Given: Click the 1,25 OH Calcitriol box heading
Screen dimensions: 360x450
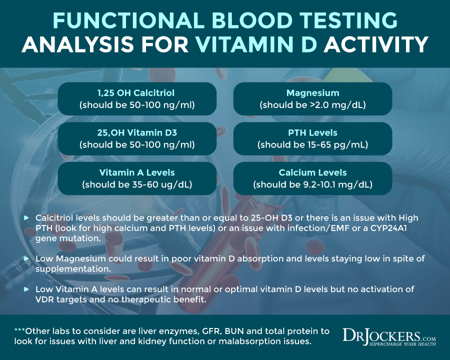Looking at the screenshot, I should [137, 93].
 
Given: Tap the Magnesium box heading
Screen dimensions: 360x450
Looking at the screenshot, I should [312, 93].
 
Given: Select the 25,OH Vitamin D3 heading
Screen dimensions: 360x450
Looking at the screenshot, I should [137, 133].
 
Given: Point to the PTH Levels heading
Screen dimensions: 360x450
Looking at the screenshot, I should [312, 133].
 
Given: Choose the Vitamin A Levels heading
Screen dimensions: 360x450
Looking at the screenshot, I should [137, 172].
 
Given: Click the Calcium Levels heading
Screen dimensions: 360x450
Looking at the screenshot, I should [312, 172].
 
